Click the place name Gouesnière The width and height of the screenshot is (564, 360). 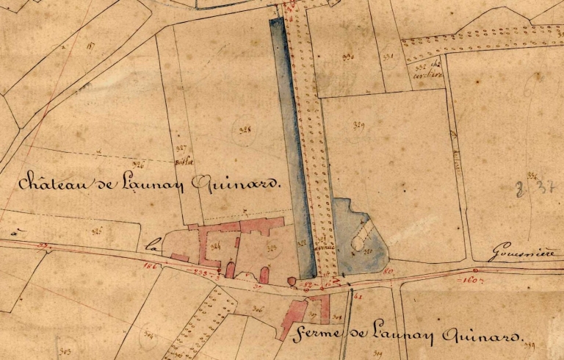523,253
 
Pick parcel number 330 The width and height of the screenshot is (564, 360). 347,57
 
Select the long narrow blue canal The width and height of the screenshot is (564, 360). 292,147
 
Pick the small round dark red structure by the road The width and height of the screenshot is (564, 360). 291,281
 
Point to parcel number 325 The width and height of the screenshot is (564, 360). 95,232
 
